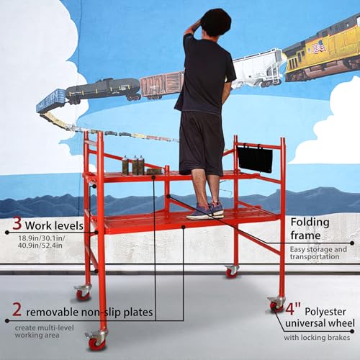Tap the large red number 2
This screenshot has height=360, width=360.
click(x=17, y=310)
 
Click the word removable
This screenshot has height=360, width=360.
click(x=55, y=312)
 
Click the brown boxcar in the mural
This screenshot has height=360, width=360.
click(x=162, y=84)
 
